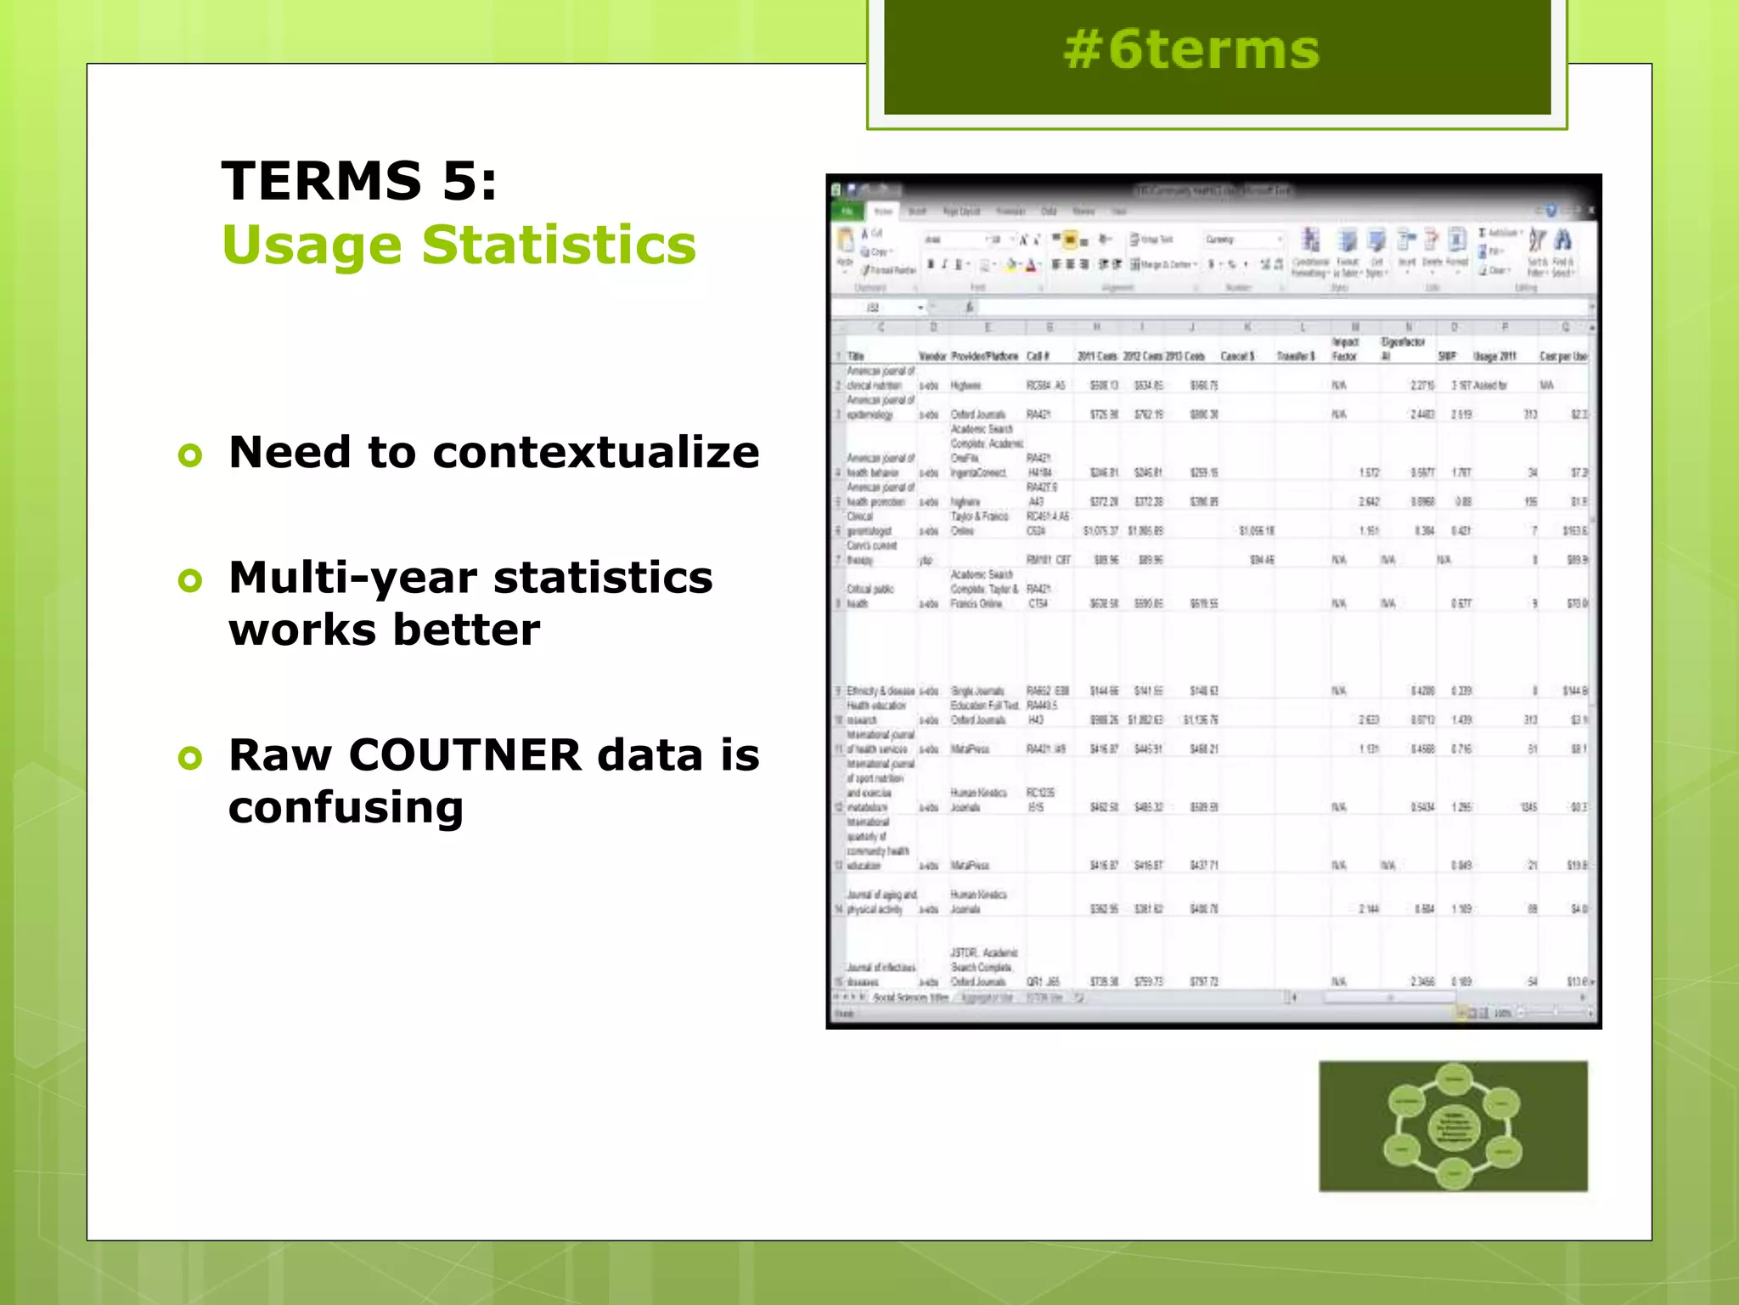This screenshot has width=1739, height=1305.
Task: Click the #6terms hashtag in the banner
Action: click(1191, 50)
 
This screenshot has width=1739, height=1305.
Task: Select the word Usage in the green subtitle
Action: click(312, 246)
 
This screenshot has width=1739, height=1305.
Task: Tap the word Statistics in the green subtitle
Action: click(559, 246)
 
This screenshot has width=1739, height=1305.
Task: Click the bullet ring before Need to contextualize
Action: click(191, 455)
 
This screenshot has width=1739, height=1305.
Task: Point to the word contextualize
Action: click(596, 452)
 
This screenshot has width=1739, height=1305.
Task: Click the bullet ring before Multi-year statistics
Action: click(191, 581)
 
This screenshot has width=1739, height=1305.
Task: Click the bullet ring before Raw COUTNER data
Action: click(191, 758)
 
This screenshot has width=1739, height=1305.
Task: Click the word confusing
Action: click(346, 808)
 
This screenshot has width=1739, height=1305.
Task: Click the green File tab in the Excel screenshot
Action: click(847, 211)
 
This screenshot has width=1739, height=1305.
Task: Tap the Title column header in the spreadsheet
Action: click(856, 356)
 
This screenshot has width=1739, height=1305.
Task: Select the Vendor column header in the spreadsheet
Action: click(932, 356)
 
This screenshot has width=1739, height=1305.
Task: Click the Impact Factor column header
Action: click(1345, 349)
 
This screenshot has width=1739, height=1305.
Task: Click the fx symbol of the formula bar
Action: click(970, 308)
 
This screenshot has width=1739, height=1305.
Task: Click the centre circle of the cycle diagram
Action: click(1454, 1127)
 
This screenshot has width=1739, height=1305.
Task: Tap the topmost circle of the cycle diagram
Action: click(1455, 1080)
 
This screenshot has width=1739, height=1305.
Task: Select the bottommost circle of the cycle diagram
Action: click(1454, 1174)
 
